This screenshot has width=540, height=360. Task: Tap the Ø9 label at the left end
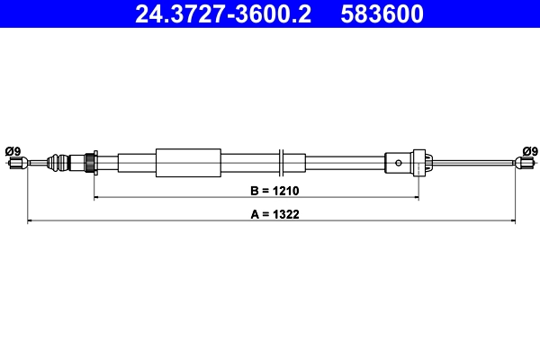click(13, 150)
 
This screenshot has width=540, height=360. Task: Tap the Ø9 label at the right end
click(530, 150)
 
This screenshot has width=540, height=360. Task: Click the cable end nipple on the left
click(15, 163)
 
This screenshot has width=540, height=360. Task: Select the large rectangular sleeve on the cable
click(187, 163)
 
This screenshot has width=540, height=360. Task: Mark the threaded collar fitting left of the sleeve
click(91, 163)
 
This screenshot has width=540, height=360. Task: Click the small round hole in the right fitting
click(398, 163)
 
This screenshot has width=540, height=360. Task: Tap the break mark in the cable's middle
click(283, 163)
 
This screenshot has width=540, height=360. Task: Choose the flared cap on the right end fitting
click(427, 163)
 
